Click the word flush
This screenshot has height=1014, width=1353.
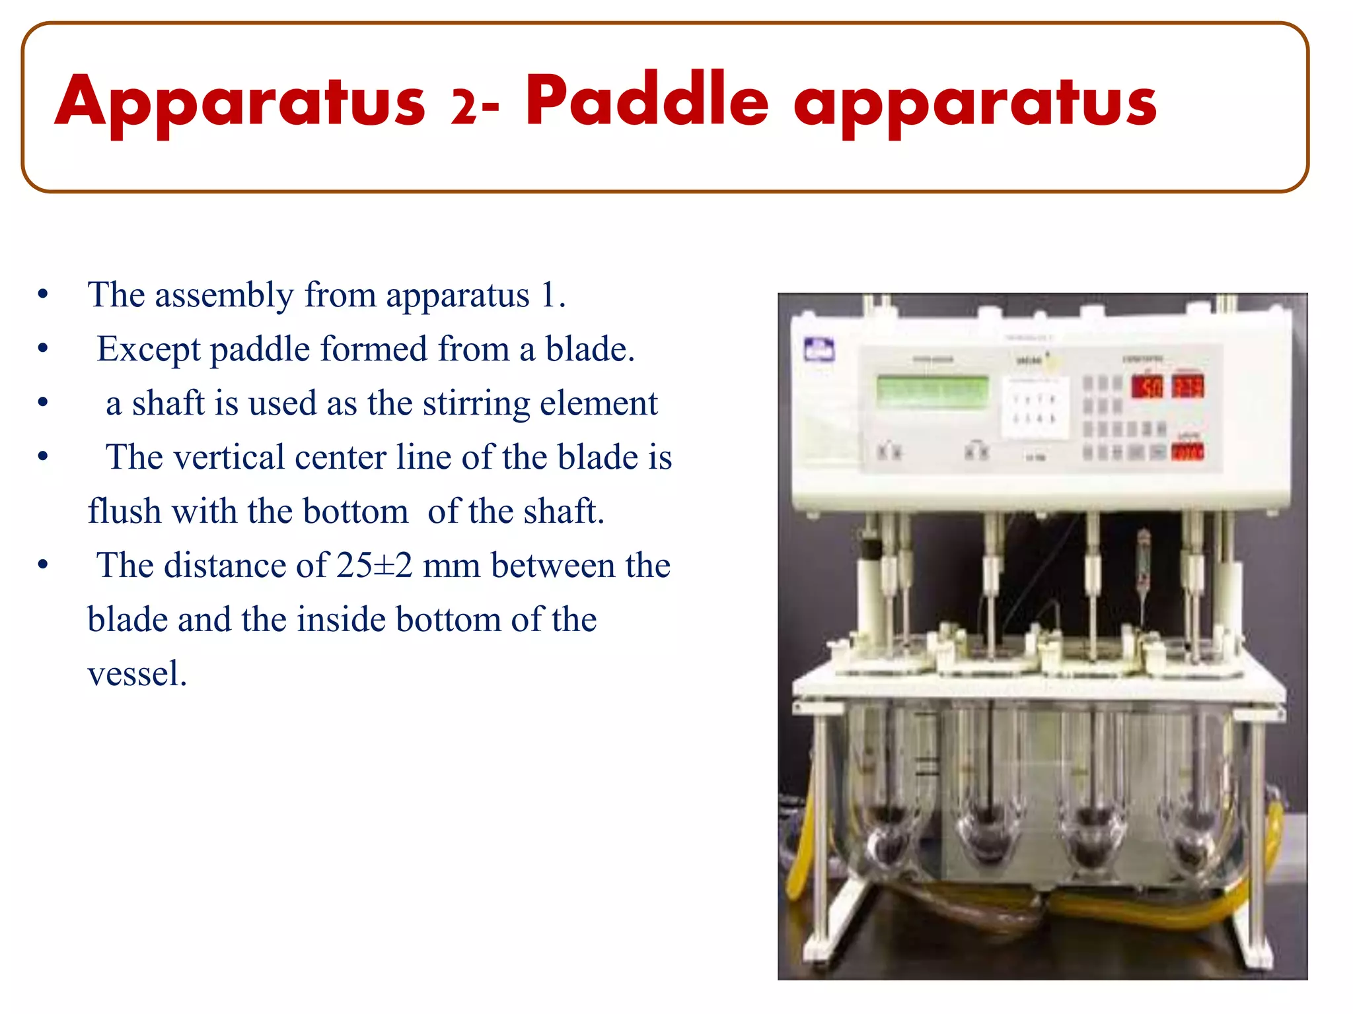click(124, 512)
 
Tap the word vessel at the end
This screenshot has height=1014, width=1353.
click(137, 674)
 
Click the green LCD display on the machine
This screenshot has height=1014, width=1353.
click(932, 391)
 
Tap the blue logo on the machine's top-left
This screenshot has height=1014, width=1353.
click(819, 349)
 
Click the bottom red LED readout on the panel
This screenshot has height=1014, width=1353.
click(1187, 452)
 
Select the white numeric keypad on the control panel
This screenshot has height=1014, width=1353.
click(1034, 408)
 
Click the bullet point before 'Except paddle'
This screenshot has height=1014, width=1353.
click(43, 349)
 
